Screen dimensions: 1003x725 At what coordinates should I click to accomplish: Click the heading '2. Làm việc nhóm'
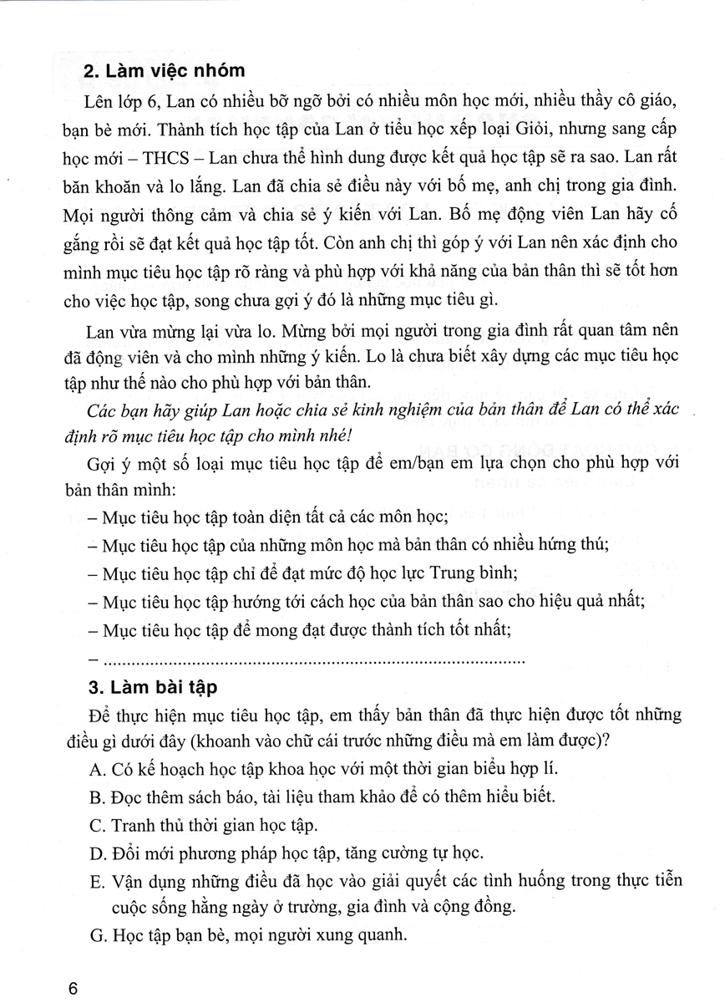click(165, 74)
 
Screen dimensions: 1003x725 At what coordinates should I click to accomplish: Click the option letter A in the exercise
click(93, 767)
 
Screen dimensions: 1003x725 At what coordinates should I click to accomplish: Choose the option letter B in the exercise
click(93, 796)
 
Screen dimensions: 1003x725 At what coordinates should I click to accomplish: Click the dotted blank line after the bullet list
click(312, 659)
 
